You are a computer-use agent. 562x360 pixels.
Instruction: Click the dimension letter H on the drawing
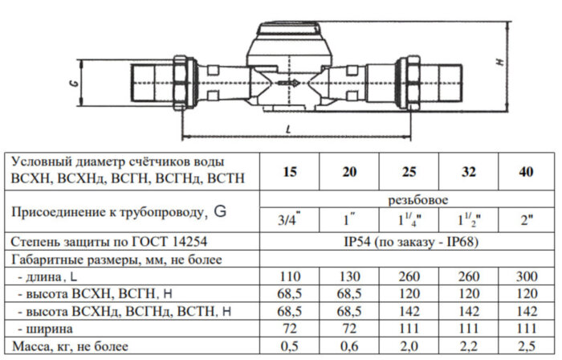pyautogui.click(x=499, y=63)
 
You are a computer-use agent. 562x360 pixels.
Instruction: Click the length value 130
pyautogui.click(x=350, y=276)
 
